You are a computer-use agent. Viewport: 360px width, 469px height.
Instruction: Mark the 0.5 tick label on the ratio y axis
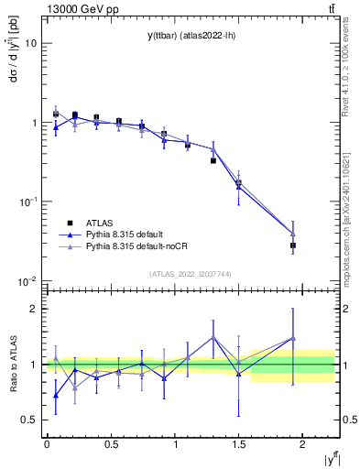point(29,420)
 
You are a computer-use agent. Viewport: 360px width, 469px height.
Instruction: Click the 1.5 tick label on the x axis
point(239,445)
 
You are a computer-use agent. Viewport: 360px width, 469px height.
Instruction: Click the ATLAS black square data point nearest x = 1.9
point(293,245)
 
